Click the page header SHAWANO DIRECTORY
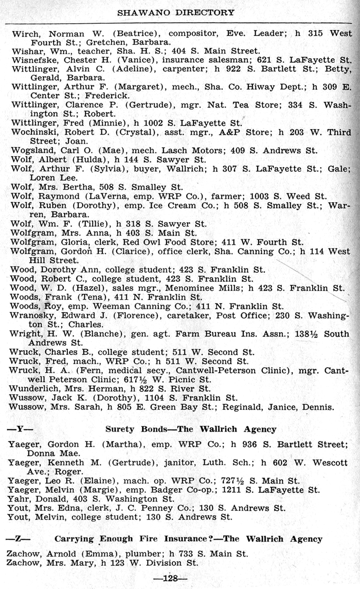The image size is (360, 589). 176,12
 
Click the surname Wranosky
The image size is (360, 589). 32,315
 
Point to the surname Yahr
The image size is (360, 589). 19,498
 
